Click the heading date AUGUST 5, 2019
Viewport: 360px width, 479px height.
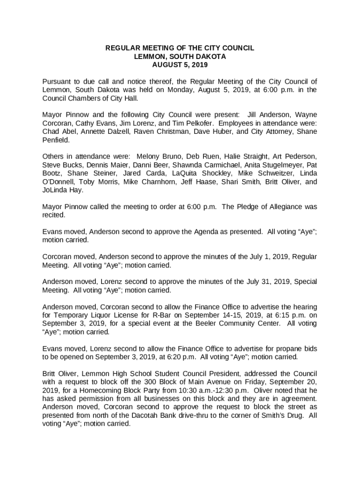click(x=180, y=65)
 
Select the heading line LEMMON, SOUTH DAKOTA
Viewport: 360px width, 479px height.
click(x=180, y=57)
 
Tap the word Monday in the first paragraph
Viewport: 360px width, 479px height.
click(x=176, y=90)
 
